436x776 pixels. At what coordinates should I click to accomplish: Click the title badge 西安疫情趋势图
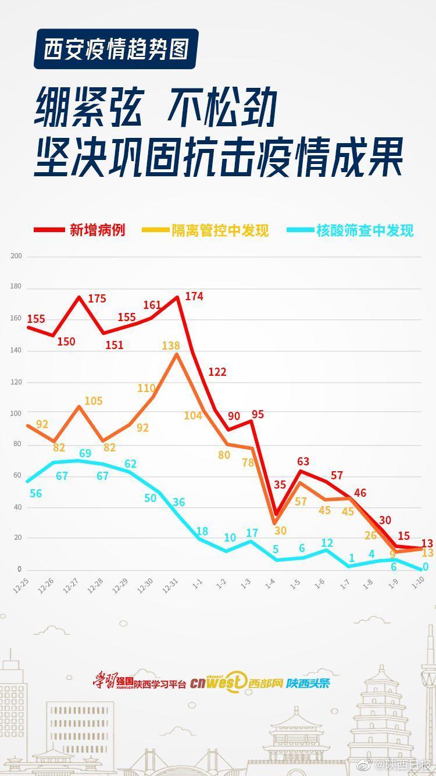pos(116,49)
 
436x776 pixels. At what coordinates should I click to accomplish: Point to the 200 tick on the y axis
pos(16,256)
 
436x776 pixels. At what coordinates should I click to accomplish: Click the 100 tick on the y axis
pos(16,414)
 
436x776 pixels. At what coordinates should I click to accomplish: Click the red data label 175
pos(97,298)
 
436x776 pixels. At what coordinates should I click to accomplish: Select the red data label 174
pos(194,296)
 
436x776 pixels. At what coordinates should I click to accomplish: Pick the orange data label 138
pos(171,346)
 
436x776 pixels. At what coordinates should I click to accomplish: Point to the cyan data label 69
pos(85,453)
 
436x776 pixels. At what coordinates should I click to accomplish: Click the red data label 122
pos(217,372)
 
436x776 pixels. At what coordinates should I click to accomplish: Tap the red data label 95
pos(258,415)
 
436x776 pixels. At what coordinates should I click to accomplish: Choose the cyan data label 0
pos(426,567)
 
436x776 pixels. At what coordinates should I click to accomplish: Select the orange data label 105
pos(93,401)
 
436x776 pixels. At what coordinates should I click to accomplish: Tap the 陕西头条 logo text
pos(308,683)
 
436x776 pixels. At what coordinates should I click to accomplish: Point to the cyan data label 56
pos(35,493)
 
